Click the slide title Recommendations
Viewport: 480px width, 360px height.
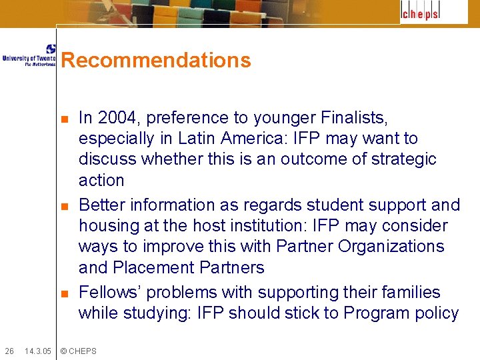click(156, 61)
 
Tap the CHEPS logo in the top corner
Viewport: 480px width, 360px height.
click(420, 13)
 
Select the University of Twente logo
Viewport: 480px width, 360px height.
click(29, 55)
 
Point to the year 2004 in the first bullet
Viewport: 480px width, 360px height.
click(115, 118)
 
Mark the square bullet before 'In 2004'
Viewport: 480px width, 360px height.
click(64, 119)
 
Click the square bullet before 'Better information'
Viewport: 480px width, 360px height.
click(64, 206)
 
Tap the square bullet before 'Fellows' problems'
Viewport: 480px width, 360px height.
click(64, 293)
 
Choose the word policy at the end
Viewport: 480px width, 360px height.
click(436, 313)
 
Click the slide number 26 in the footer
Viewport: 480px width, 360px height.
click(9, 351)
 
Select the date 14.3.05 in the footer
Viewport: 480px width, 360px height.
click(37, 351)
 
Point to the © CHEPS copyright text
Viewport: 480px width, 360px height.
click(78, 351)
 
